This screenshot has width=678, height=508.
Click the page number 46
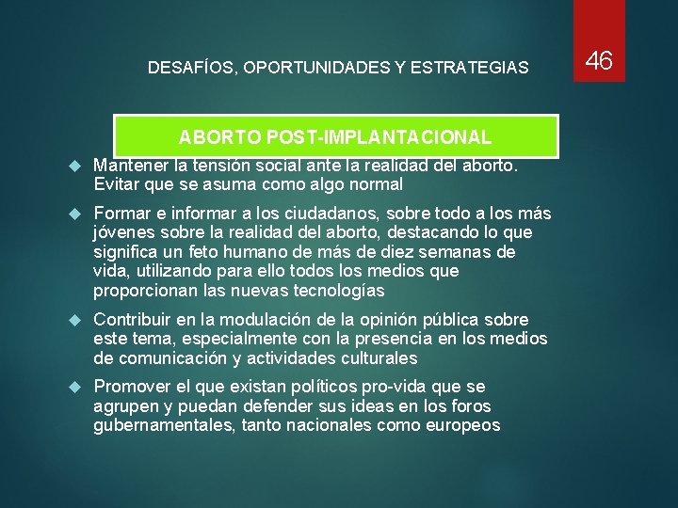tap(599, 61)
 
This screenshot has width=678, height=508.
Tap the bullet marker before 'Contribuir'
tap(77, 320)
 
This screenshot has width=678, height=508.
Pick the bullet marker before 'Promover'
tap(77, 388)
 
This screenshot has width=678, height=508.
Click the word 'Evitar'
tap(116, 183)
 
